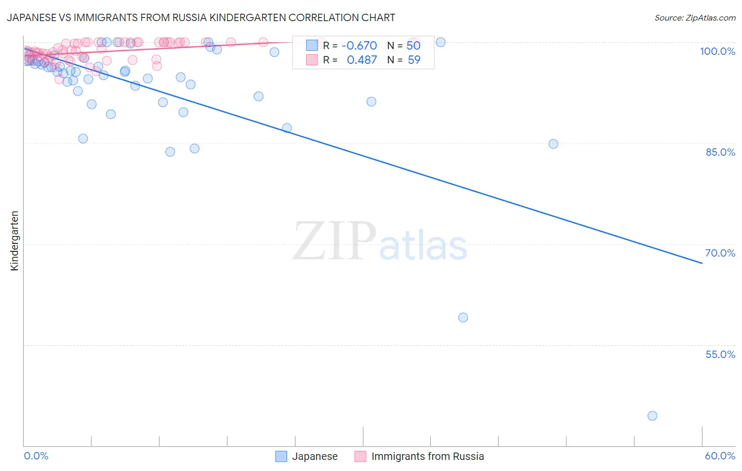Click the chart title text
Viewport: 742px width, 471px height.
[201, 17]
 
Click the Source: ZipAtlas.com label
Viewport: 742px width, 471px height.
[695, 17]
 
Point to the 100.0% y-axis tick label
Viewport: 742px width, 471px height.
[717, 51]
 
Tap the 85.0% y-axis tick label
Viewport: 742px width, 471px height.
[720, 152]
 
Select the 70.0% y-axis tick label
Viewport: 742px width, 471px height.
[720, 253]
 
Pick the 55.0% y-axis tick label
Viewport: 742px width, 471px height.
[720, 354]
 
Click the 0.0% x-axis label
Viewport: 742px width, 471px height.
[36, 456]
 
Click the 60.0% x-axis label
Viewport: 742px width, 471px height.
[720, 456]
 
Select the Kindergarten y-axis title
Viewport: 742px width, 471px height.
[14, 241]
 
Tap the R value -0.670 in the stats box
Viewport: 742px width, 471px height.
[359, 45]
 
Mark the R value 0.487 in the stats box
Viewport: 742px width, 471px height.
[362, 60]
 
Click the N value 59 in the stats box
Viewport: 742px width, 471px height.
[414, 60]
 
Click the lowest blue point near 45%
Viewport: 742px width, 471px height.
[652, 416]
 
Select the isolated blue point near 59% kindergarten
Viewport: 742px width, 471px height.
[463, 317]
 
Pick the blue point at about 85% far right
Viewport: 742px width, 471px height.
[553, 144]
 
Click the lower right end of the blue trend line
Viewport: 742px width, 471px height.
[702, 262]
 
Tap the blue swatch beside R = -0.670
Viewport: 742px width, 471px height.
[312, 45]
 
